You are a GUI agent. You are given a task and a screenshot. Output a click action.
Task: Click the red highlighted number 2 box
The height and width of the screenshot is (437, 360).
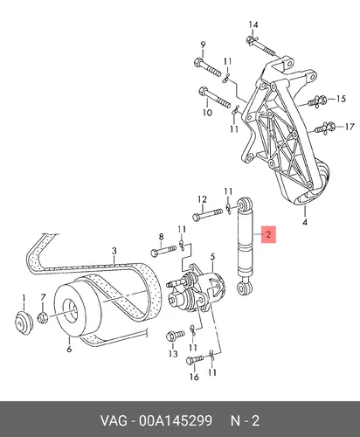click(268, 234)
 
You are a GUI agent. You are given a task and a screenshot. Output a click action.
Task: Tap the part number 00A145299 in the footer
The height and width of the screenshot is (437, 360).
click(176, 421)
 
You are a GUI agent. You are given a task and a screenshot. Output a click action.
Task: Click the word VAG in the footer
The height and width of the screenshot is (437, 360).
click(114, 421)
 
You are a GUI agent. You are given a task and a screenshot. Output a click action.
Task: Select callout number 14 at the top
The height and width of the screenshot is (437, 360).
click(253, 24)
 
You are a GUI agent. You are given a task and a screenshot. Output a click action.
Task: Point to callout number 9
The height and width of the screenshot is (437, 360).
click(203, 45)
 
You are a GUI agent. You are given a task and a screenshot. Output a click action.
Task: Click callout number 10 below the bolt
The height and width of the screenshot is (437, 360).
click(207, 113)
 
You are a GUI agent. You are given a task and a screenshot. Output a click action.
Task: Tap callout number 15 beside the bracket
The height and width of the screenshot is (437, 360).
click(341, 99)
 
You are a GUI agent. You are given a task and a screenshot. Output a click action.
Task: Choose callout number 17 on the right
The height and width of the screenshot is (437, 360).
click(350, 127)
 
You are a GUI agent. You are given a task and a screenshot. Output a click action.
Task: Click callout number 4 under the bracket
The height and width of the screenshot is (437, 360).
click(305, 222)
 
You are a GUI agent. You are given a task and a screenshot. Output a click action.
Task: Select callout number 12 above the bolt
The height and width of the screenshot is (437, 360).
click(202, 199)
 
